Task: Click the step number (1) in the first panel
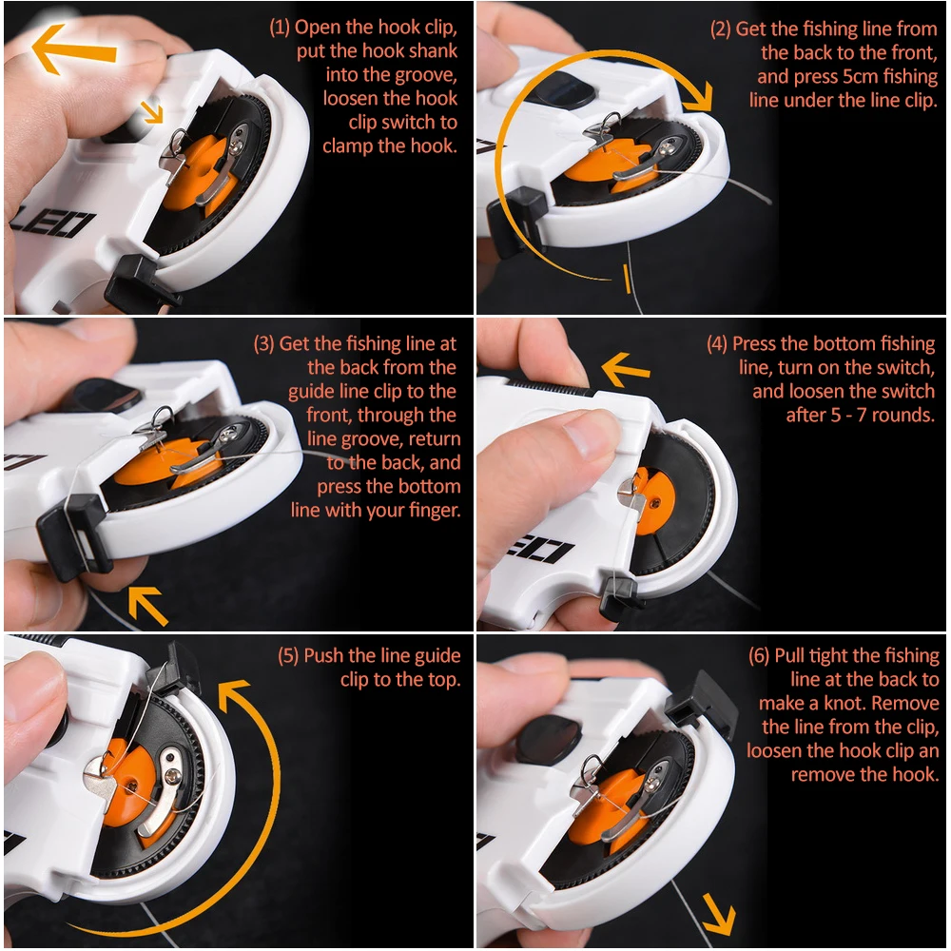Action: point(279,28)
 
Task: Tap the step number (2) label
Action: point(721,29)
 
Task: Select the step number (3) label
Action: point(263,344)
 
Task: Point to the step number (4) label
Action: point(717,344)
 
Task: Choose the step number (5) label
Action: point(288,655)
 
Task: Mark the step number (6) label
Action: point(759,655)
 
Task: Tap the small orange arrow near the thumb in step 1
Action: point(151,111)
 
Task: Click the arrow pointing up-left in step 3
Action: point(148,605)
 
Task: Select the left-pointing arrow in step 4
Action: point(626,370)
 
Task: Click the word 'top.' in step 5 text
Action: point(444,680)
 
